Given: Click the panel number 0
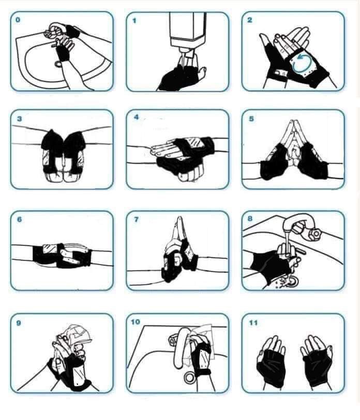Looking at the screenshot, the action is tap(18, 20).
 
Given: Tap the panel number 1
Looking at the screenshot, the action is tap(134, 20).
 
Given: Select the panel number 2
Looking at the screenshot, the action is tap(250, 20).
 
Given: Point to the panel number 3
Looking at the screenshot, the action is tap(19, 119).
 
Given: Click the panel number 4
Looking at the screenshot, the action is tap(137, 117).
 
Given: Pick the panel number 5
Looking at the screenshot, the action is tap(251, 118).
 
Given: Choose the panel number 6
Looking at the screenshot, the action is tap(19, 220).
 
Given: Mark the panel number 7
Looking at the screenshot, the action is tap(137, 220).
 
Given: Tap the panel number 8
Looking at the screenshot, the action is tap(250, 219).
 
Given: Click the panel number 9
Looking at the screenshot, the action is tap(19, 323).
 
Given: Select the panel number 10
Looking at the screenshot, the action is tap(136, 322).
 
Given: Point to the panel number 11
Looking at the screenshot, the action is tap(253, 323).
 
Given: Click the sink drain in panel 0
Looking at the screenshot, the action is tap(58, 64).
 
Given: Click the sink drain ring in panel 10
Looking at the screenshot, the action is tap(190, 377).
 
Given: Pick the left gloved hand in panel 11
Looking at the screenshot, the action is tap(271, 362).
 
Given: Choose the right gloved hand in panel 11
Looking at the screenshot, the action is tap(316, 362).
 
